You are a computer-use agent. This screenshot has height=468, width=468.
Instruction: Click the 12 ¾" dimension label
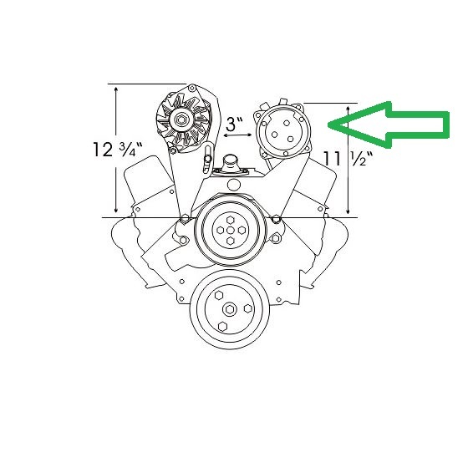click(118, 150)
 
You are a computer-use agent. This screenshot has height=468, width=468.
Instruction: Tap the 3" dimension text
click(235, 125)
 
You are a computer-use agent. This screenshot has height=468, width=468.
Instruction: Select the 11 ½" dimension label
click(348, 159)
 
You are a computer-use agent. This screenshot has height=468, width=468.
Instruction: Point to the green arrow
click(389, 125)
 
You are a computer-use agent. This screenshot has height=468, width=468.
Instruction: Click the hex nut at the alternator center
click(181, 120)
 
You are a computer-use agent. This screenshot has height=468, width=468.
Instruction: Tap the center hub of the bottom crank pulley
click(230, 309)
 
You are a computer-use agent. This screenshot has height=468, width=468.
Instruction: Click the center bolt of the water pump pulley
click(230, 231)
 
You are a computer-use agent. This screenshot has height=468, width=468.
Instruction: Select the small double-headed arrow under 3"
click(238, 135)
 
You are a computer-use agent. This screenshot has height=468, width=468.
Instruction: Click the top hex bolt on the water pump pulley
click(230, 221)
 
